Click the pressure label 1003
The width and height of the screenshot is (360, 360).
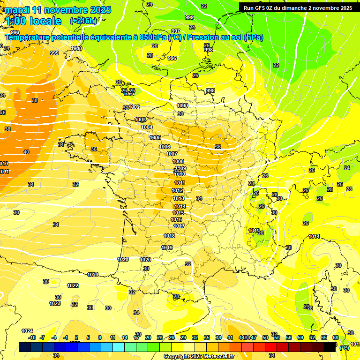pos(140,120)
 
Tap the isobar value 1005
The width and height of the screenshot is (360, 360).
pos(156,137)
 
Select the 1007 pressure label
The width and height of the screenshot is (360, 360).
pos(172,154)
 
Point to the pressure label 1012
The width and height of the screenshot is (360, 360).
pos(178,190)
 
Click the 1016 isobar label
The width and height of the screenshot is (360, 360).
pos(177,219)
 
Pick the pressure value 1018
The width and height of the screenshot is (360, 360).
pos(169,236)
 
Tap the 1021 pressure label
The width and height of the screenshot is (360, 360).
pos(93,275)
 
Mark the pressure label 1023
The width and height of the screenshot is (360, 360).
pos(55,303)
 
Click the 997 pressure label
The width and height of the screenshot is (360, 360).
pos(176,31)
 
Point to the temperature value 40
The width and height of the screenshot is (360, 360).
pos(26,152)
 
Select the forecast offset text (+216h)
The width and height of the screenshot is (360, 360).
pos(83,21)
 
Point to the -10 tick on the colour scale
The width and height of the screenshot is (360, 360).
pos(31,337)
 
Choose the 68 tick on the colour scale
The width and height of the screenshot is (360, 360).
pos(336,337)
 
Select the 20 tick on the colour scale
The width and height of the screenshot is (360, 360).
pos(148,337)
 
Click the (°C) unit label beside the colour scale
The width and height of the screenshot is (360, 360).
pos(344,348)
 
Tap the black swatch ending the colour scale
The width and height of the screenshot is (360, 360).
pos(330,347)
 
